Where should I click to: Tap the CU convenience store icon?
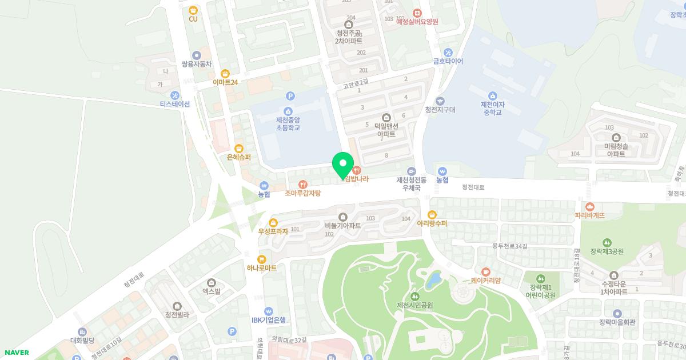point(193,10)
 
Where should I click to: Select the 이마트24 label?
point(225,82)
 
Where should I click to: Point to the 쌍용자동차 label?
point(196,65)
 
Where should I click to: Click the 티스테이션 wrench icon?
point(175,95)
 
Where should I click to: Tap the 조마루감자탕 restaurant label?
point(303,193)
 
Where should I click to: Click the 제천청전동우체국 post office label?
point(411,183)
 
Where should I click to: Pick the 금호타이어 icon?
point(448,52)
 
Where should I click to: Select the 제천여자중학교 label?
point(492,109)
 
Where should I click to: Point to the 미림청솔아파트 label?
point(616,150)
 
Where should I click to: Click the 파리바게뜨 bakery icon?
point(590,206)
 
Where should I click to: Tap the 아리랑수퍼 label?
point(432,223)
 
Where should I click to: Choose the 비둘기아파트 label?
point(342,226)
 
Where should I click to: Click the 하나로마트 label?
point(261,267)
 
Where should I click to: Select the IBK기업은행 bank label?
point(268,320)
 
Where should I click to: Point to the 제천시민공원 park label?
point(414,305)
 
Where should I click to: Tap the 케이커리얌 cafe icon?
point(486,271)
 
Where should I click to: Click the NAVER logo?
point(16,353)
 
